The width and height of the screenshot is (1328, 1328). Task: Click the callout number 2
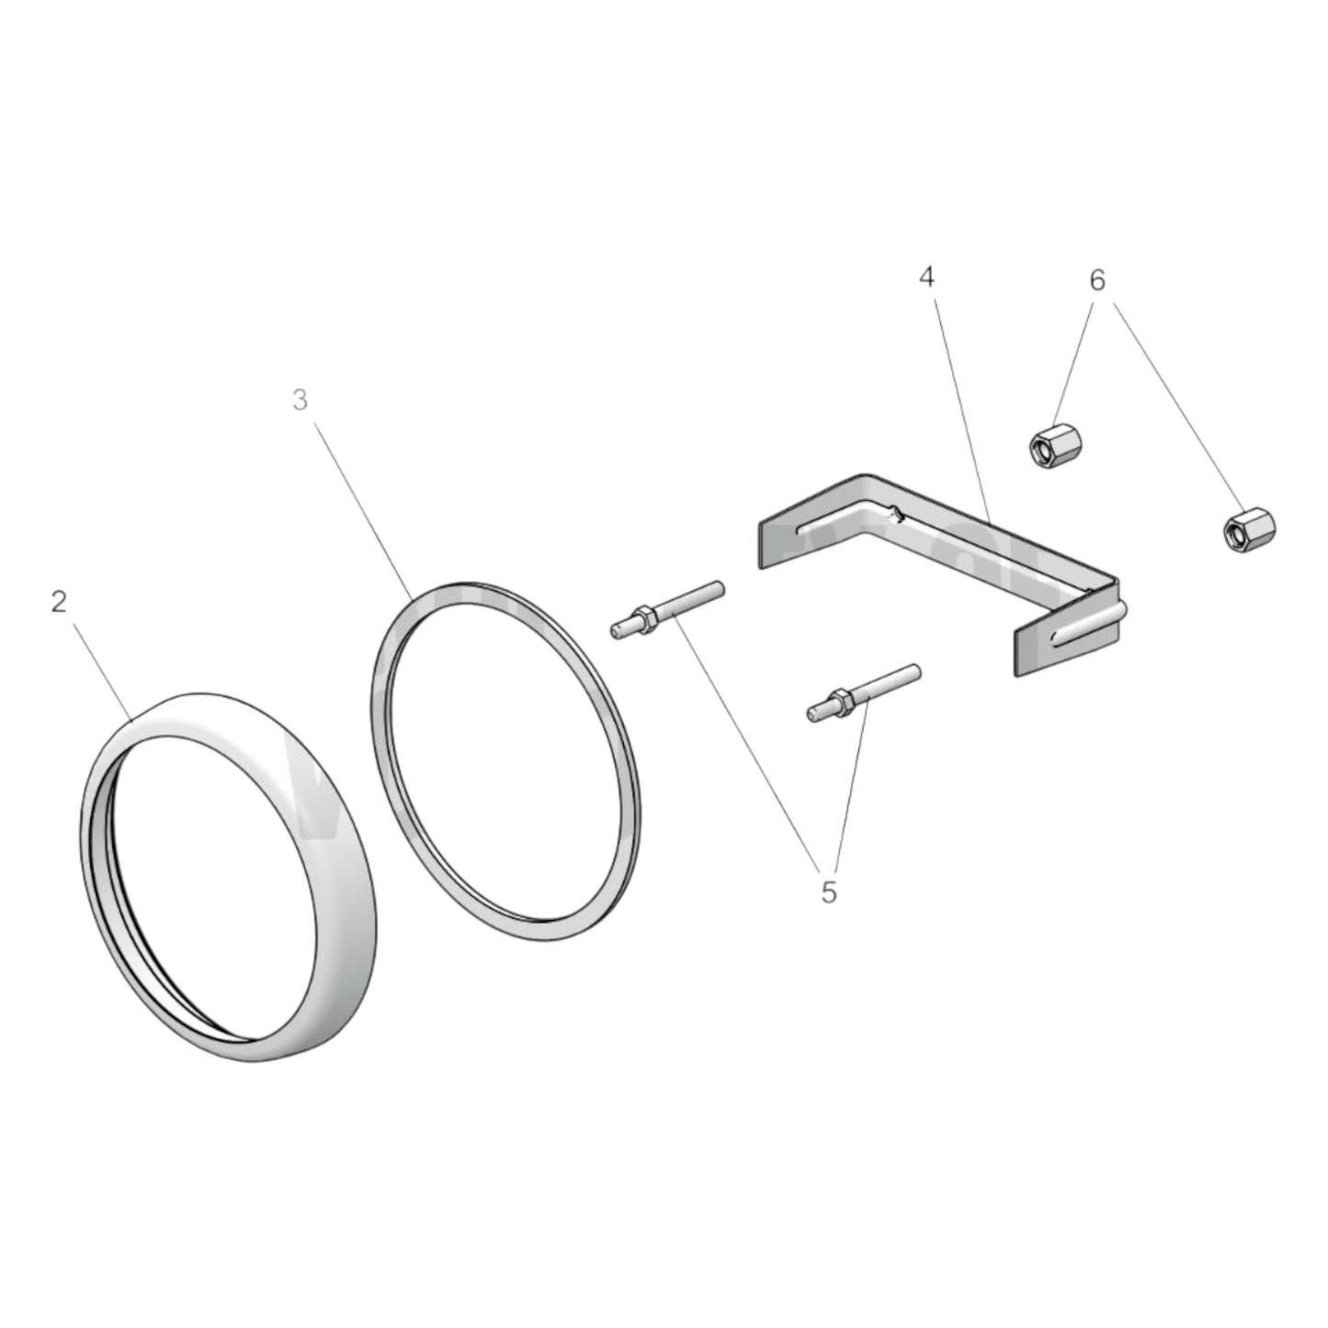[x=60, y=603]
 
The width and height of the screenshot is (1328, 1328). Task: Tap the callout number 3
[x=300, y=401]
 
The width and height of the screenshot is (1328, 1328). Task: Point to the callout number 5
[x=828, y=891]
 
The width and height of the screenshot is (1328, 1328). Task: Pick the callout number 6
[x=1097, y=280]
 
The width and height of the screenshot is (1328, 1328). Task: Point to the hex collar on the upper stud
[x=642, y=618]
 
